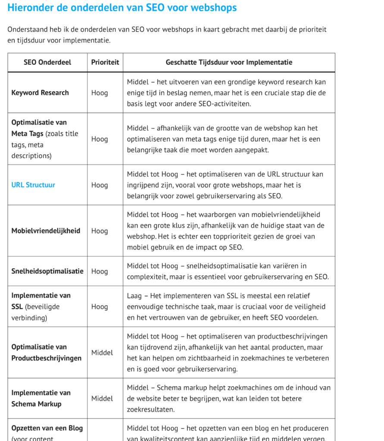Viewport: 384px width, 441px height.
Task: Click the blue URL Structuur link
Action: click(x=33, y=185)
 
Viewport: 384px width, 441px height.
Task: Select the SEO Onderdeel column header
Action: click(x=47, y=62)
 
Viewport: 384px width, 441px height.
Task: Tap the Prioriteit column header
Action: click(x=105, y=62)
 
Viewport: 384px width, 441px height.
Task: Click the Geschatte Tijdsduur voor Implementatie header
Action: click(x=229, y=62)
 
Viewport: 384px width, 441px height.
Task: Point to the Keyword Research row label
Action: click(x=40, y=93)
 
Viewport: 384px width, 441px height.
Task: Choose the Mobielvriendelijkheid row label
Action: click(x=46, y=231)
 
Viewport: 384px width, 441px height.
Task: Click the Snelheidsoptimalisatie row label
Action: click(x=47, y=271)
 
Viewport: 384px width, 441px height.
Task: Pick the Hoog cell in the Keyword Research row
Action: click(x=100, y=93)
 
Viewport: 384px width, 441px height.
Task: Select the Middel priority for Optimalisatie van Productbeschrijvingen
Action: click(x=102, y=353)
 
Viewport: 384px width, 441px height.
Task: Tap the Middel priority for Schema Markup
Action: click(x=102, y=398)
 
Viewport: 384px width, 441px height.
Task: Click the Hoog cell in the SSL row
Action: click(x=100, y=307)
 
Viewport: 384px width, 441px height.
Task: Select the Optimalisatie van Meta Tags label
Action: click(x=39, y=128)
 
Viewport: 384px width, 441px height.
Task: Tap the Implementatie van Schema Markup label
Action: click(x=41, y=398)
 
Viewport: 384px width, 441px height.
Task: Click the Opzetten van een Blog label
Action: click(x=47, y=429)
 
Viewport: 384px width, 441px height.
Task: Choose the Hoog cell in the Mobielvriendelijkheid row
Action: click(x=100, y=231)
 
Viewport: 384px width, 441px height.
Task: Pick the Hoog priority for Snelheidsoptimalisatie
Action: click(x=100, y=271)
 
